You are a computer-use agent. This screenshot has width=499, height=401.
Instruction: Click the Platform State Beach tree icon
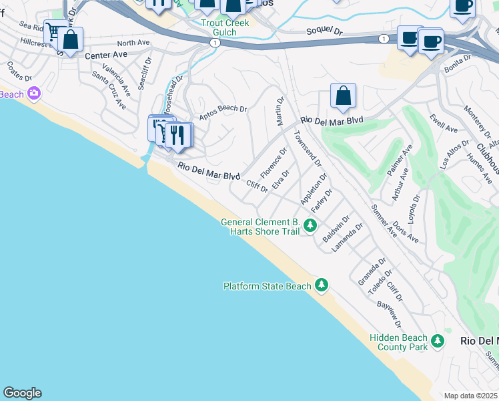tap(322, 286)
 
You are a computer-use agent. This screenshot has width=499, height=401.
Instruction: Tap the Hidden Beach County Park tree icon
tap(438, 342)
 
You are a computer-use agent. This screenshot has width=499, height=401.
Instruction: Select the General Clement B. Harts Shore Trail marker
tap(310, 227)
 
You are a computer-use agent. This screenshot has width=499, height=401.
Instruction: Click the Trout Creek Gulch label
tap(225, 27)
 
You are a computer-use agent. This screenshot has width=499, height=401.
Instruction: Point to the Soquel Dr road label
tap(324, 31)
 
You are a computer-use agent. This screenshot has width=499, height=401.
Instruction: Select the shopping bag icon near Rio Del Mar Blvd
tap(343, 97)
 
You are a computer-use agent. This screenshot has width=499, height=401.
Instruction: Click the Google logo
tap(22, 393)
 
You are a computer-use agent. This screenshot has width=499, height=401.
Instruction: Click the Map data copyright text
tap(471, 396)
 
